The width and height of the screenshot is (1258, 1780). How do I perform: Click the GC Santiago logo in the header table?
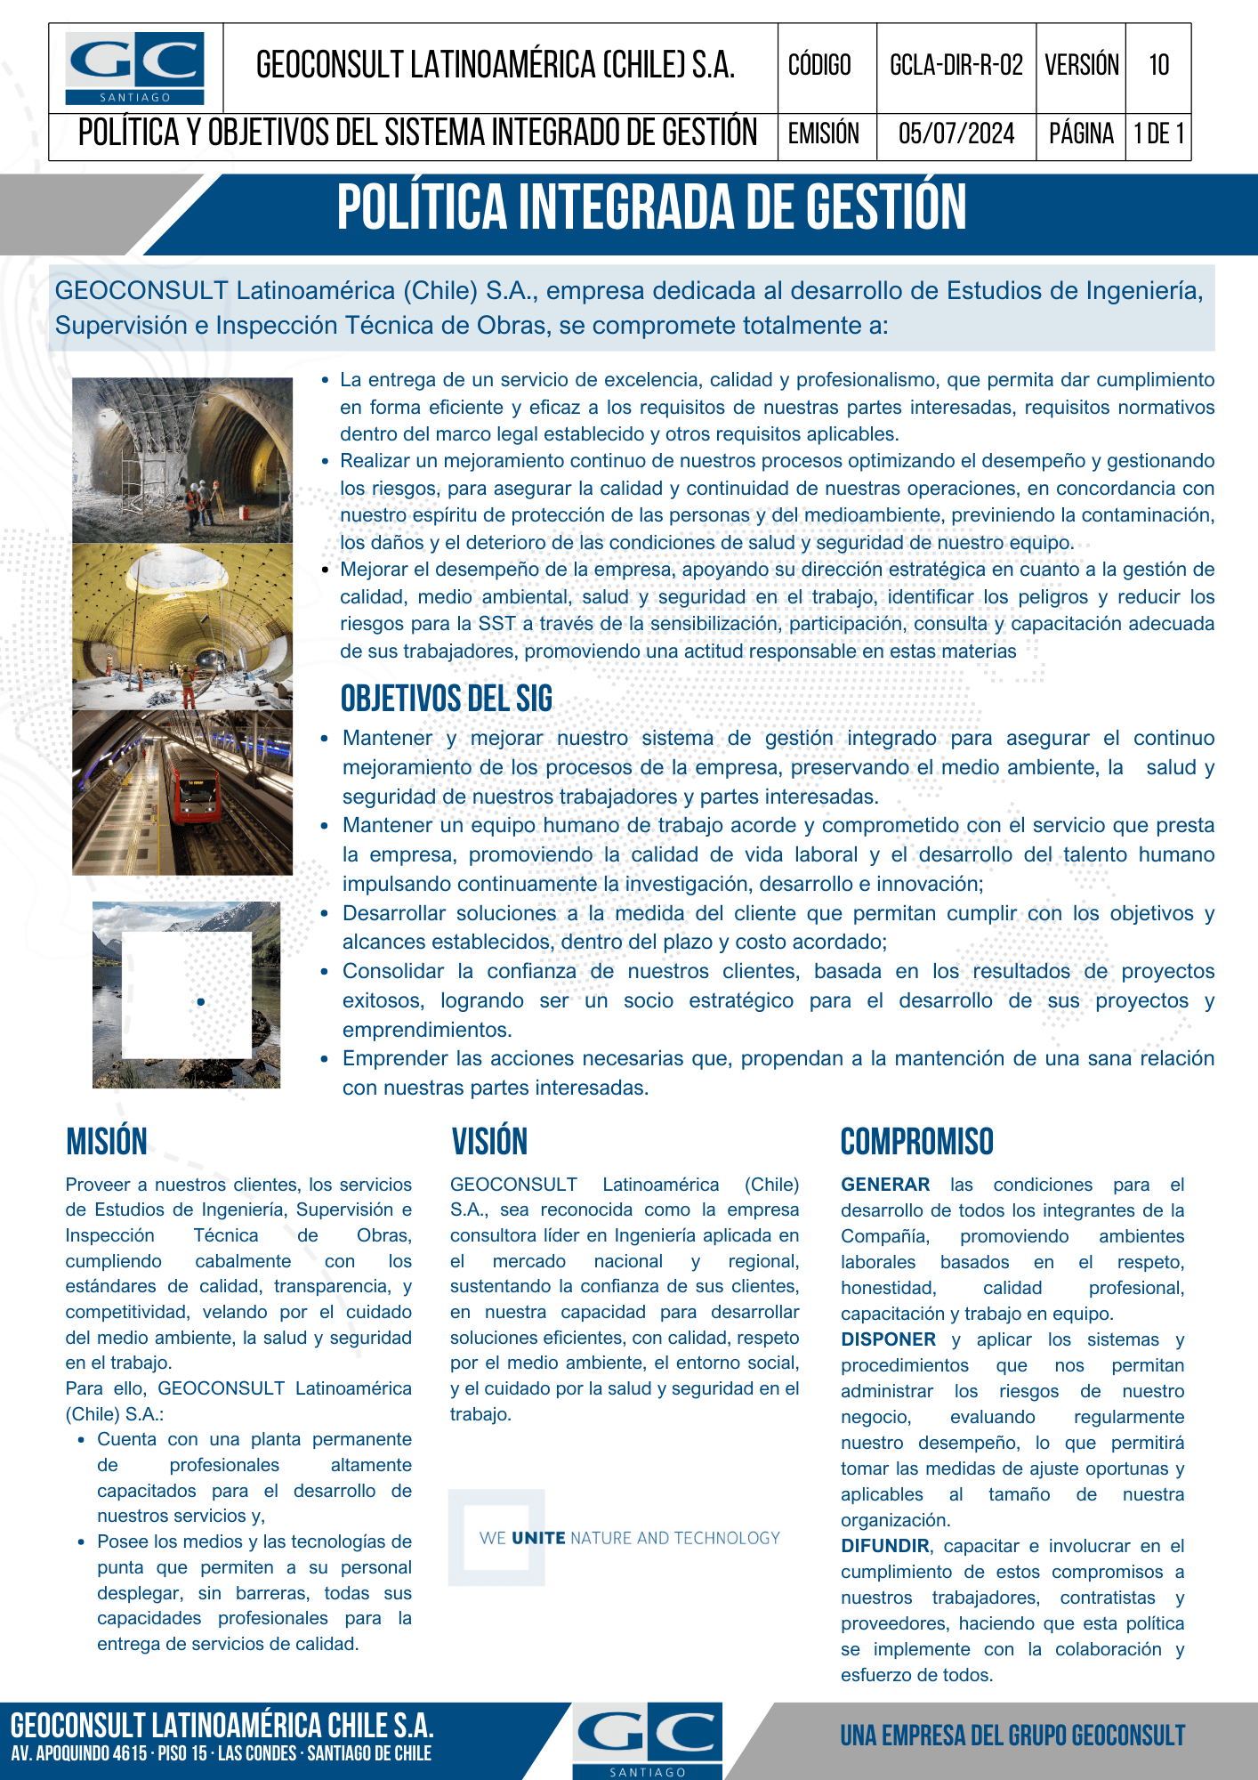point(135,69)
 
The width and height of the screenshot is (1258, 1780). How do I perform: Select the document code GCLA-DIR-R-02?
point(956,66)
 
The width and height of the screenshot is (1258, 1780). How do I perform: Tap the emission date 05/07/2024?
point(956,134)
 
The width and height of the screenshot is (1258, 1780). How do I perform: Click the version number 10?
point(1158,66)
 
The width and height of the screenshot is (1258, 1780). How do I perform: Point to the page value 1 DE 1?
point(1158,134)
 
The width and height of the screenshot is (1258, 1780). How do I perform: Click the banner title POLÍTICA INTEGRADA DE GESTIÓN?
point(651,207)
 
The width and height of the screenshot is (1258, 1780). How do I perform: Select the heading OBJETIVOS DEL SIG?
point(447,700)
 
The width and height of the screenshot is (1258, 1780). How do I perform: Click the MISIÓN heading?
point(107,1142)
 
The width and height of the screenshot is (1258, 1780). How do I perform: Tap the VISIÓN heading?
point(489,1142)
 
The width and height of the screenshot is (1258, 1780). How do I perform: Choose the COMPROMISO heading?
point(916,1142)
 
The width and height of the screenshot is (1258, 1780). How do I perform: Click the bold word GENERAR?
point(885,1185)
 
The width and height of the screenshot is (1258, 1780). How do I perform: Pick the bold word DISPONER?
point(888,1339)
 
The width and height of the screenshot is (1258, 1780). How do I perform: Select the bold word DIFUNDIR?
point(885,1546)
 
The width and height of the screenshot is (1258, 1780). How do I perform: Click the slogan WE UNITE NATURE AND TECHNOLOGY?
point(629,1538)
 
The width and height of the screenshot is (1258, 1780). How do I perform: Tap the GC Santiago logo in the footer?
point(647,1739)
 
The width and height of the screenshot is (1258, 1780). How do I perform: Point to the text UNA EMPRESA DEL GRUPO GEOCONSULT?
point(1012,1735)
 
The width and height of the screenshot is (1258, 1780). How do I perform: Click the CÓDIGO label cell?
point(819,66)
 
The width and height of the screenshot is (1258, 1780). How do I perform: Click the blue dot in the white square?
point(201,1002)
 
